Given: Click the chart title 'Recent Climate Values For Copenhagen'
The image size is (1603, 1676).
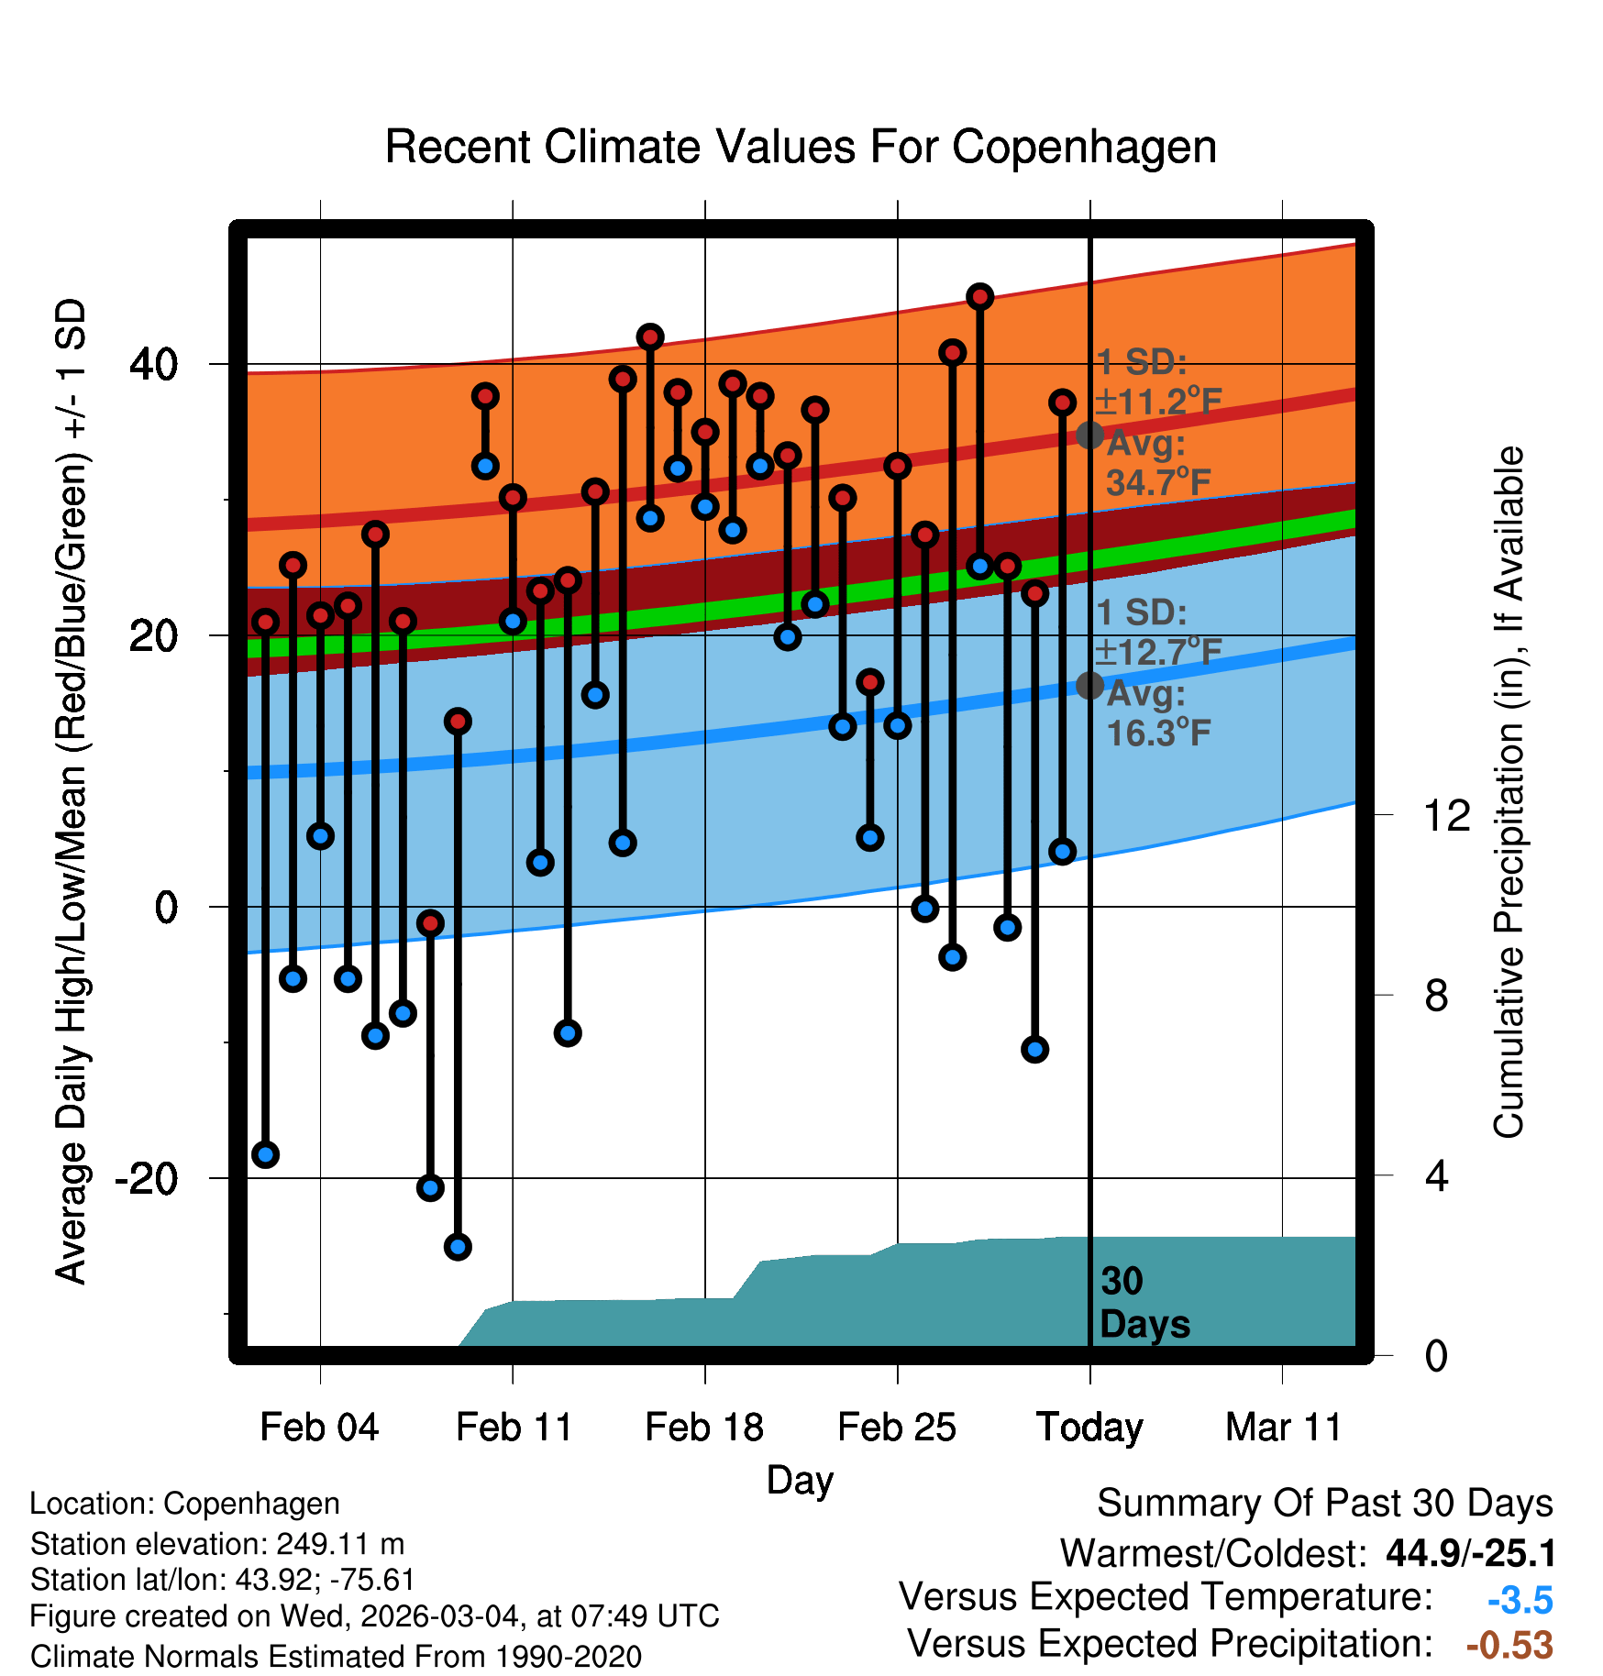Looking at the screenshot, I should click(x=801, y=147).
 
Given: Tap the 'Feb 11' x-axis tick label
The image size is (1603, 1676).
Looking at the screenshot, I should click(x=514, y=1428).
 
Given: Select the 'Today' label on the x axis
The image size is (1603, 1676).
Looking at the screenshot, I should click(x=1089, y=1428).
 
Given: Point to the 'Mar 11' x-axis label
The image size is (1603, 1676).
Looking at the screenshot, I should click(x=1283, y=1428).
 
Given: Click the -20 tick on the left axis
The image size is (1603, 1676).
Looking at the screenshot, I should click(x=146, y=1177).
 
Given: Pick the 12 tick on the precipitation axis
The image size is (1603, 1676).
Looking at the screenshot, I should click(x=1446, y=815).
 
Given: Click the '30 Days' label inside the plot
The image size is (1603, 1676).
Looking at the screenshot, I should click(x=1143, y=1303).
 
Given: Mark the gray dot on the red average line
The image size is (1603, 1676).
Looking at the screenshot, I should click(x=1089, y=435).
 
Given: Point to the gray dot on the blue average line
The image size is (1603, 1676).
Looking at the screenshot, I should click(x=1089, y=685).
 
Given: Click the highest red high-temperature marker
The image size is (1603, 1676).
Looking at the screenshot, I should click(x=980, y=297).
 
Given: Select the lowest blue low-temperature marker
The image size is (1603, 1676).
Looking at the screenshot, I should click(x=458, y=1247).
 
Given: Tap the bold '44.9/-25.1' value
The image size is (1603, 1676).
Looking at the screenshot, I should click(x=1470, y=1553).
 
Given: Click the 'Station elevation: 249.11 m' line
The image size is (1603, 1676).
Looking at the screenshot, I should click(x=217, y=1544).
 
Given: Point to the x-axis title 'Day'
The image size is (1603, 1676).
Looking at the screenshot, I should click(x=800, y=1480).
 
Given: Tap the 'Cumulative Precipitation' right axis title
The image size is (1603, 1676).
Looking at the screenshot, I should click(x=1509, y=793).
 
